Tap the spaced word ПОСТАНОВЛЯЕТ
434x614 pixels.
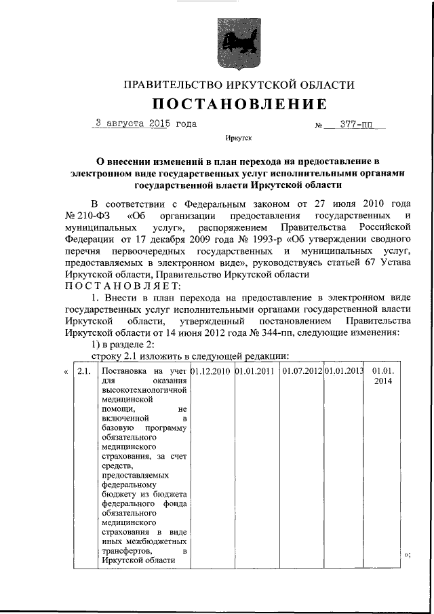coord(123,286)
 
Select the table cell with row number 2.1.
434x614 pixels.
coord(83,372)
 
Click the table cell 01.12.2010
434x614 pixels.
coord(212,371)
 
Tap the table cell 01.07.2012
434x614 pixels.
coord(302,371)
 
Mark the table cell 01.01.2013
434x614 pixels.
coord(344,371)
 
